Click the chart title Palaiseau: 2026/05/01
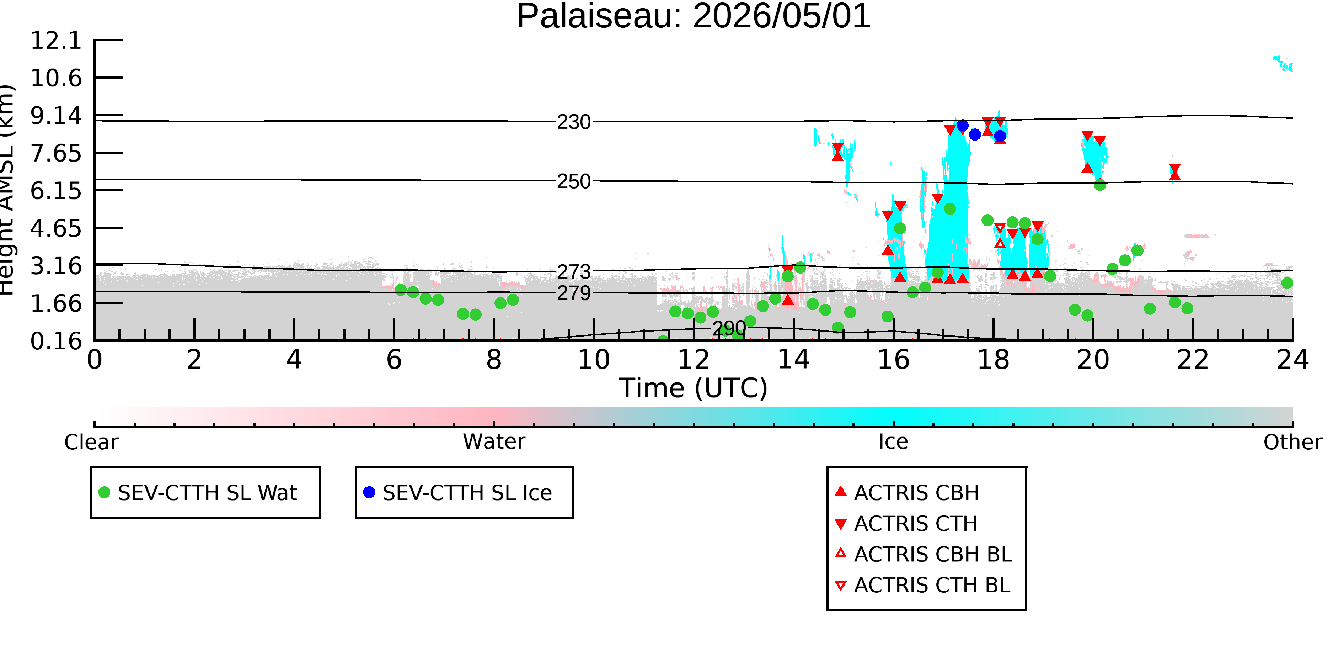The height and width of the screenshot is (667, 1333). tap(694, 17)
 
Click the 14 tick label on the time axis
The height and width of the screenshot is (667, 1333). tap(793, 359)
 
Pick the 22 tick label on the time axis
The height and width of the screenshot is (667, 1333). tap(1193, 359)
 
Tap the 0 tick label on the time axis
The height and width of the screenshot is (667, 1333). tap(95, 359)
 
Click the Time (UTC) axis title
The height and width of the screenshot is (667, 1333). tap(694, 388)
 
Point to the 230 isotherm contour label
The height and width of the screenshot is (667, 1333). tap(574, 122)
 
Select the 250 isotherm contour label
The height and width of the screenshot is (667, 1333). tap(574, 182)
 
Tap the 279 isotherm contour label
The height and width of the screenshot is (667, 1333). tap(574, 293)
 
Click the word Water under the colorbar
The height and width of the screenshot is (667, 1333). tap(494, 442)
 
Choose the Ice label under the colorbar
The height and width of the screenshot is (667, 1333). tap(893, 442)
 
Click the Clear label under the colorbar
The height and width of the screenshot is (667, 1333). tap(92, 442)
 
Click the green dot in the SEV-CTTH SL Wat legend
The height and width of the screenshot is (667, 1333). tap(105, 492)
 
